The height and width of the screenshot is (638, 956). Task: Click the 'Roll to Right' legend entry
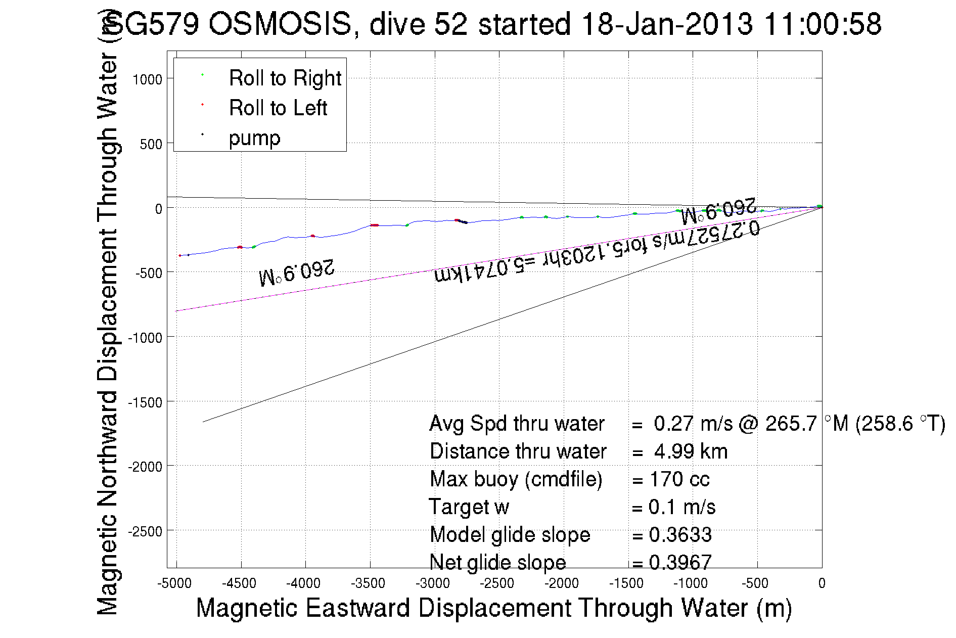click(x=285, y=78)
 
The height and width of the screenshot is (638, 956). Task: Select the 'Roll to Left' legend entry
click(x=278, y=108)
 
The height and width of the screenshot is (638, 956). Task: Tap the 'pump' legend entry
click(x=254, y=138)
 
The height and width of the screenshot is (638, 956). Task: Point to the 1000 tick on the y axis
click(x=147, y=79)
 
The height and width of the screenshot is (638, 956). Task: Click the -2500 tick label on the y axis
click(x=145, y=531)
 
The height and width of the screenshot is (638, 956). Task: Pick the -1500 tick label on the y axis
click(x=145, y=402)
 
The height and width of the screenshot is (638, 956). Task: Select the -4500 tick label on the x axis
click(x=239, y=583)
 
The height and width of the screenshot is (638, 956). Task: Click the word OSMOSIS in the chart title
click(x=280, y=24)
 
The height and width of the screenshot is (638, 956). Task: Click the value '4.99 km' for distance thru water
click(x=691, y=451)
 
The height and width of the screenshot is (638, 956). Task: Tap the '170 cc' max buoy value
click(x=679, y=479)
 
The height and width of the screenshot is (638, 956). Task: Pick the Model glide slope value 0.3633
click(x=680, y=535)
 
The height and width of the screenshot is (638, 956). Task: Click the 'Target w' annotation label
click(x=469, y=507)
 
